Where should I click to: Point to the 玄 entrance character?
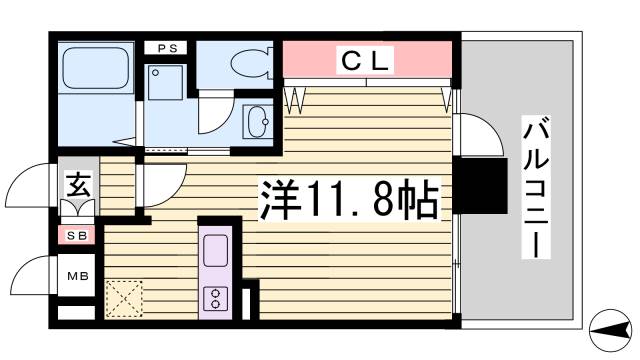tap(77, 185)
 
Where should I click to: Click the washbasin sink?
tap(257, 123)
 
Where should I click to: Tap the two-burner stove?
tap(216, 298)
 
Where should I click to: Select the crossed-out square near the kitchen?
tap(124, 297)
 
